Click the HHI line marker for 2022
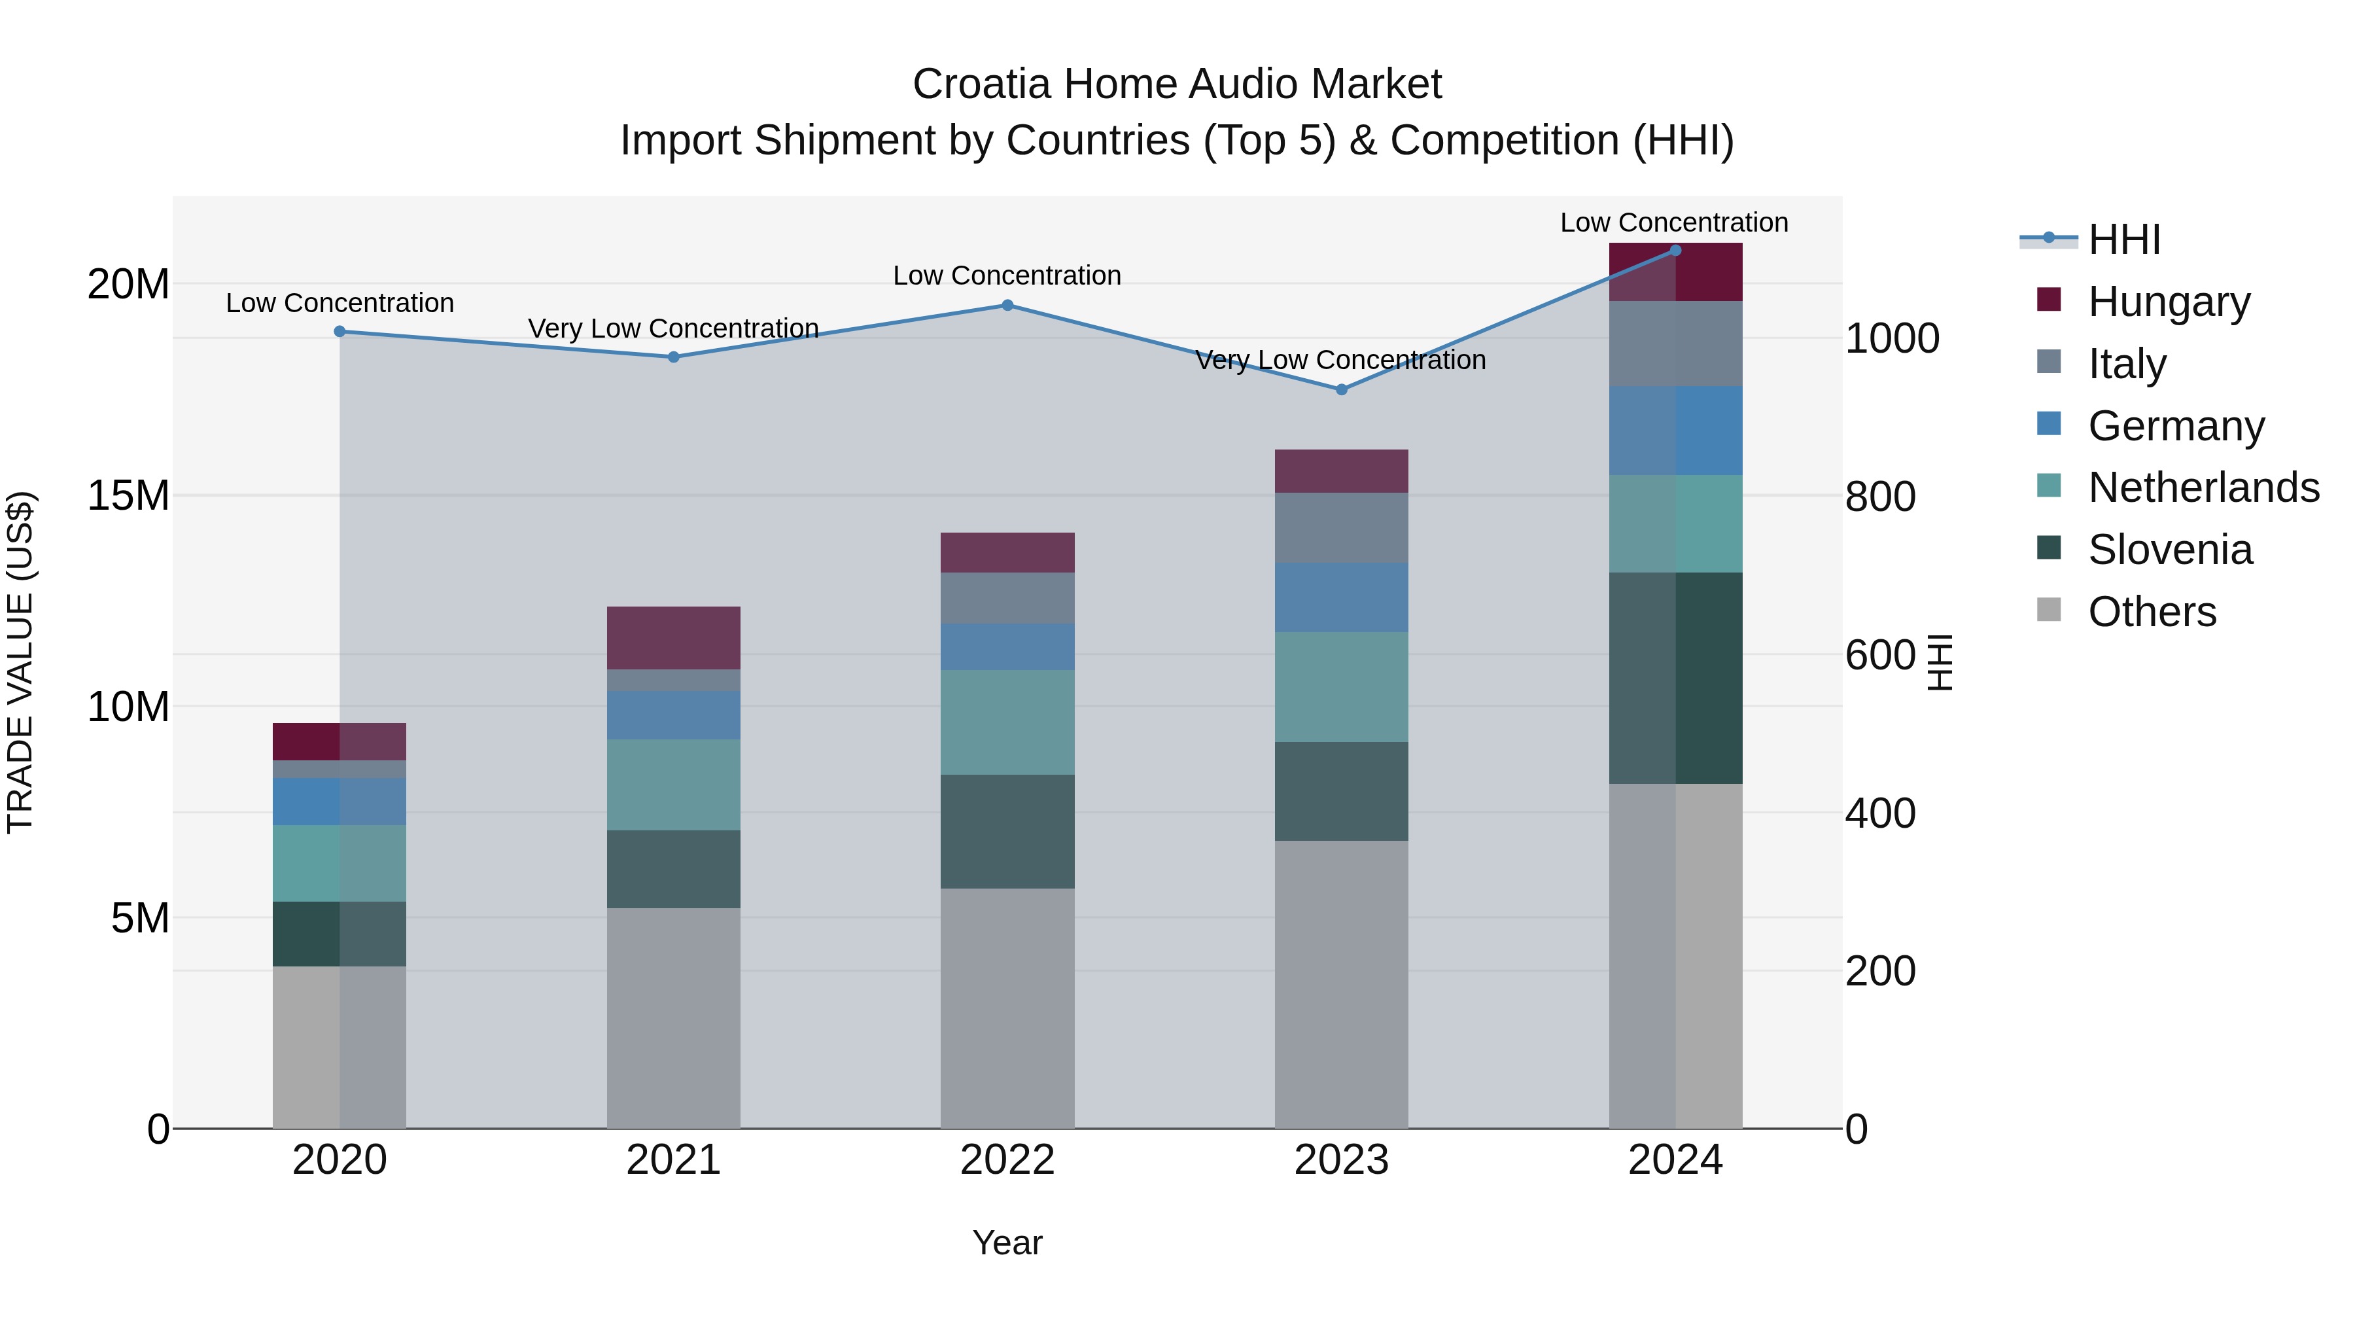[1007, 306]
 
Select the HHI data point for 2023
[1341, 389]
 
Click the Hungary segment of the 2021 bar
[674, 637]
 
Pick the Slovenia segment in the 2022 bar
[1007, 831]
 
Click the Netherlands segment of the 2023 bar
[1341, 687]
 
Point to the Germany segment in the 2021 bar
[674, 715]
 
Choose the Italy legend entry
[2127, 364]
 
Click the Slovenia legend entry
[2169, 550]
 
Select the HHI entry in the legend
[2123, 239]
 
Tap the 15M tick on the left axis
[128, 495]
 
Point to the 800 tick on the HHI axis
[1879, 497]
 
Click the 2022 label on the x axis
[1007, 1160]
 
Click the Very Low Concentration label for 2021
[674, 328]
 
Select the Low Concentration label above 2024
[1674, 222]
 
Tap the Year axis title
[1007, 1243]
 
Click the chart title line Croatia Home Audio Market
[1177, 84]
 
